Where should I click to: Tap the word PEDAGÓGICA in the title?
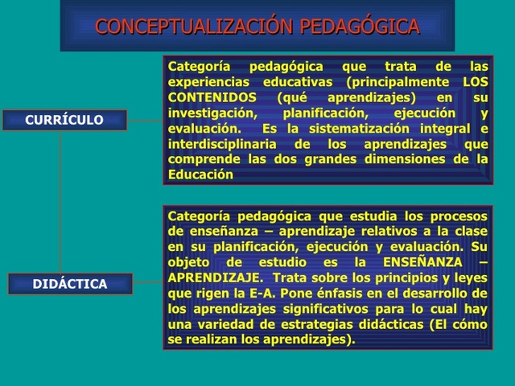point(360,27)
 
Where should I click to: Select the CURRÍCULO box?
point(64,120)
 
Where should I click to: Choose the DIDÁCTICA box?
point(70,284)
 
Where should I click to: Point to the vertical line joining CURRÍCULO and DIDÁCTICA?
point(61,201)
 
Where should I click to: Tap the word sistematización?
point(353,129)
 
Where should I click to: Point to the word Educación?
point(200,175)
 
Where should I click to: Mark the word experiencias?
point(208,82)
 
